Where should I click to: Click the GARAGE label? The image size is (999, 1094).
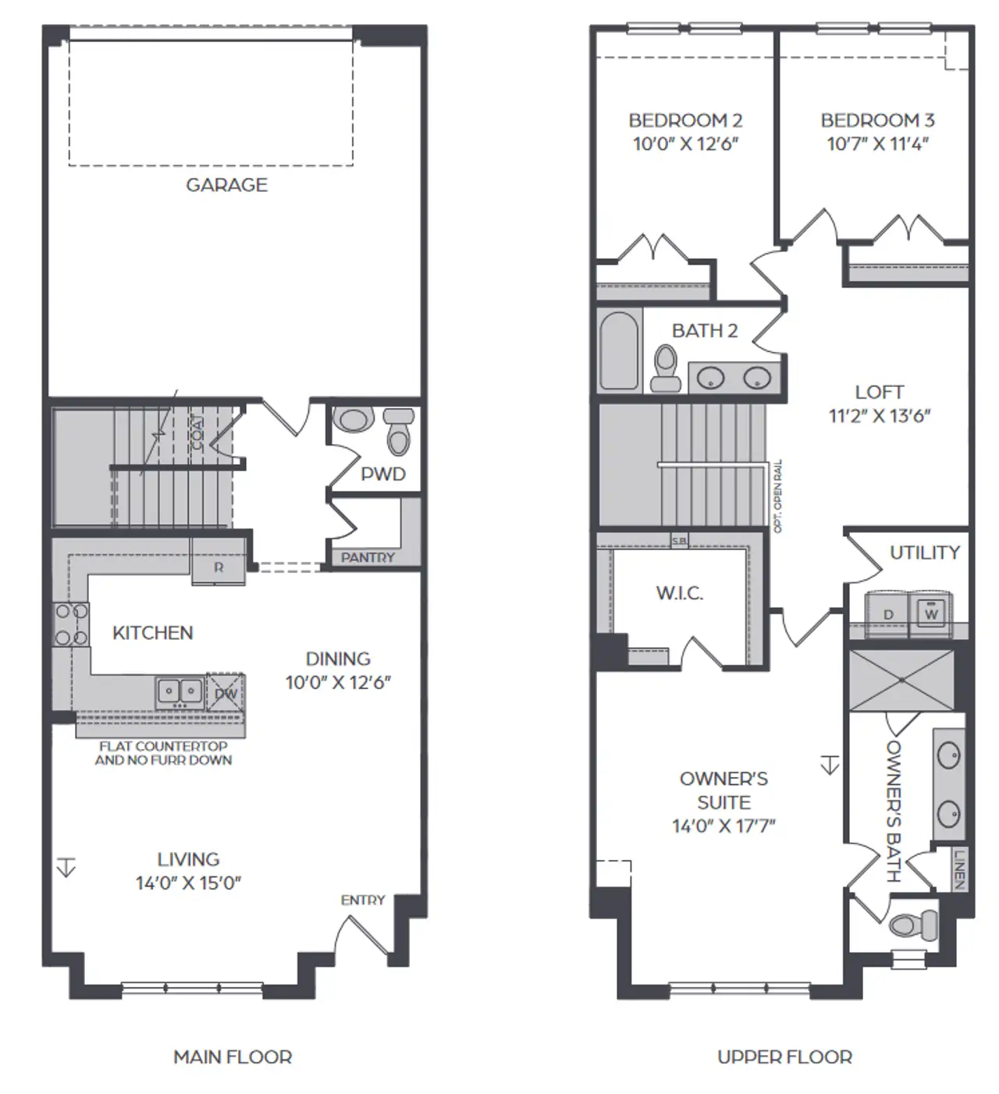[226, 185]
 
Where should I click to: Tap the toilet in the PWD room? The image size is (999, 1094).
[399, 434]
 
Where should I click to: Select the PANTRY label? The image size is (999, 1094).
[368, 557]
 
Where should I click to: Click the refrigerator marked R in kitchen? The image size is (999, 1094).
[219, 568]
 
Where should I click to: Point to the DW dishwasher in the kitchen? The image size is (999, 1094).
[226, 693]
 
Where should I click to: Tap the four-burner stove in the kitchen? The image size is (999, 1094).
[70, 625]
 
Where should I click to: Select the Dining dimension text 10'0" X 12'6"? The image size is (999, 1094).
[337, 682]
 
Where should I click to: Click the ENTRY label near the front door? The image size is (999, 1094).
[363, 900]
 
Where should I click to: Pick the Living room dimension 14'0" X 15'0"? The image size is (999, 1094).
[188, 883]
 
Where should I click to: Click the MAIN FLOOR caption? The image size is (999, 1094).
[233, 1057]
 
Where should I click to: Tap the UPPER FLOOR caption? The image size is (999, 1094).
[784, 1057]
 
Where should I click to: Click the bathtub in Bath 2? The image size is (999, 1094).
[620, 350]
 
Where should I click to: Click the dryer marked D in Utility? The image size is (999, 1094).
[887, 614]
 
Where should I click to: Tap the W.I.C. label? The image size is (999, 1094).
[679, 593]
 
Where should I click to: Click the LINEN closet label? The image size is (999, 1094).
[959, 868]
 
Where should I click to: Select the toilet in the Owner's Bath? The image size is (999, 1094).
[908, 925]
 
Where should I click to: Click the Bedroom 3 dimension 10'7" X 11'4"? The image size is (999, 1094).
[877, 144]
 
